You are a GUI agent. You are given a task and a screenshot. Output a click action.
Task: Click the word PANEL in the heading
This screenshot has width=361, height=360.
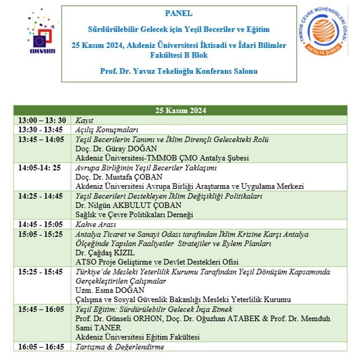click(x=179, y=13)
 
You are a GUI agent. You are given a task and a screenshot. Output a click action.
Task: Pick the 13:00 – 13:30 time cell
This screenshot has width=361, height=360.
click(x=42, y=121)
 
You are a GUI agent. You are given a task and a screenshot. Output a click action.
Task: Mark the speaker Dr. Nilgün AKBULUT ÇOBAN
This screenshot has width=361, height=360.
click(x=122, y=205)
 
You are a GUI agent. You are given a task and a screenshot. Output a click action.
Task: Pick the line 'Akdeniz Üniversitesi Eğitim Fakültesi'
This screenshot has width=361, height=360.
click(x=137, y=337)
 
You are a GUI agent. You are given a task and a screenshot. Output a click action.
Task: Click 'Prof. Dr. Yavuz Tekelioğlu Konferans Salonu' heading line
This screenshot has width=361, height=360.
click(x=179, y=71)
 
